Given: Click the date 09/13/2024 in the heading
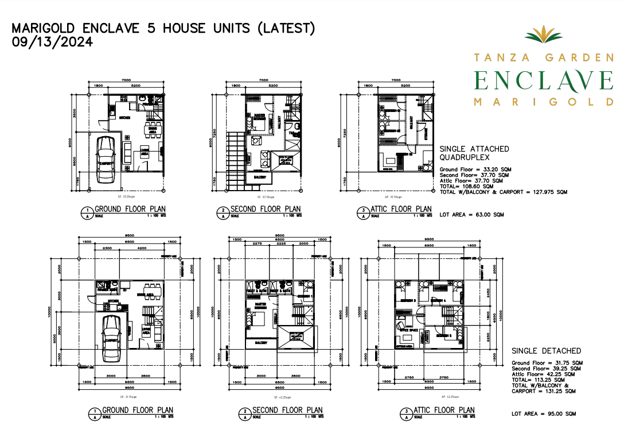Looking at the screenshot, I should (x=52, y=42).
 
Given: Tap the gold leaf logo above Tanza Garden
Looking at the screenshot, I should (x=543, y=36).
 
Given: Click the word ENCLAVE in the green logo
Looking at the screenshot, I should (x=543, y=80).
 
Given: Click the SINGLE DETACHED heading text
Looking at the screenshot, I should (x=546, y=351).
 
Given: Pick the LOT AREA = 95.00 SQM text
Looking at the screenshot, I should (x=544, y=413).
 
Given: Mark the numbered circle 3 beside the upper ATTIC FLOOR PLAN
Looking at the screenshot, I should (x=359, y=212).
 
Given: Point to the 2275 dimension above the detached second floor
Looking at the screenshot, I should (x=257, y=243).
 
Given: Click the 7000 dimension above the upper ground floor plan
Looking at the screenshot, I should (x=126, y=80).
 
